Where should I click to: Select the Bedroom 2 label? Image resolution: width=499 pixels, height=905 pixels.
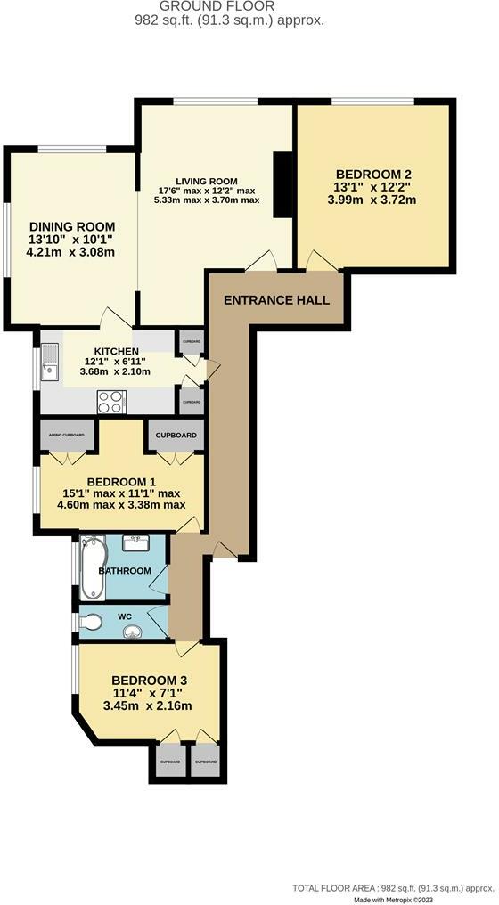[373, 175]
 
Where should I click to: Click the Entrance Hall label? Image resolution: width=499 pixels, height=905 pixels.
[276, 300]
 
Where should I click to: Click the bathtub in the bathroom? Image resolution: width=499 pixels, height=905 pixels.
[91, 568]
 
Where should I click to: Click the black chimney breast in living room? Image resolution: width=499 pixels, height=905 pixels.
[282, 184]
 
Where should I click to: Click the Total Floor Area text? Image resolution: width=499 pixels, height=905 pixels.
[393, 887]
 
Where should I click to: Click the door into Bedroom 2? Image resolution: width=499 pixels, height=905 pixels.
[320, 261]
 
